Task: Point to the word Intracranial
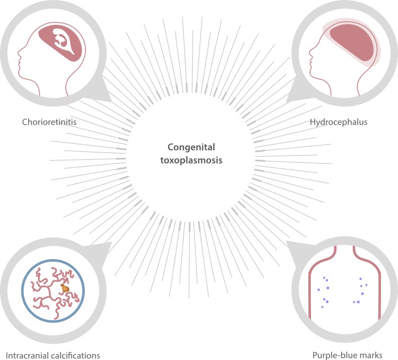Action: pos(24,354)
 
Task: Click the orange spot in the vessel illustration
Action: pos(65,288)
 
